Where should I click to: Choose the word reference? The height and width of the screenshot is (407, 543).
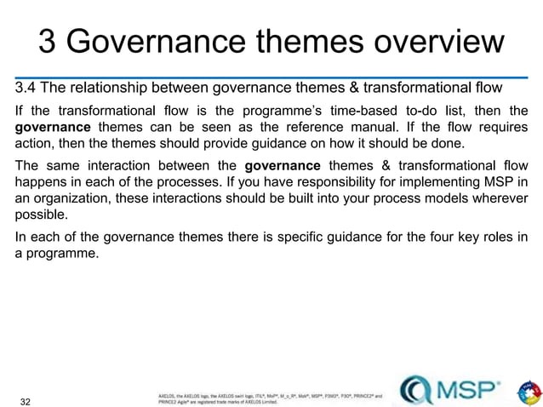(288, 126)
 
